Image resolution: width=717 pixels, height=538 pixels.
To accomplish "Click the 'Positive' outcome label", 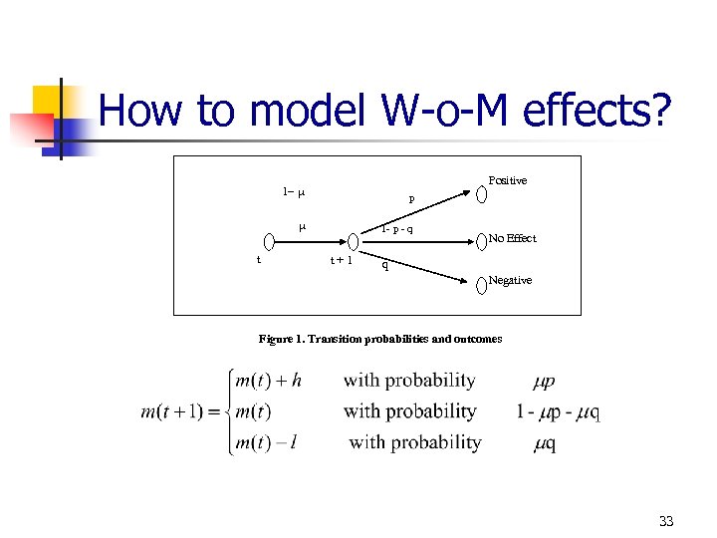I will pyautogui.click(x=508, y=180).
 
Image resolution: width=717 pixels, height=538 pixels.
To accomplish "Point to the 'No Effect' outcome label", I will pyautogui.click(x=512, y=238).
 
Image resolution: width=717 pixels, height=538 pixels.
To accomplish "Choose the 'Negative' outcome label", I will pyautogui.click(x=510, y=280).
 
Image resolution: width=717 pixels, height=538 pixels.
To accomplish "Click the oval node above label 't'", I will pyautogui.click(x=269, y=241).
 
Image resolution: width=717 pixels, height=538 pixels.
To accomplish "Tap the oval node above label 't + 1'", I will pyautogui.click(x=353, y=241).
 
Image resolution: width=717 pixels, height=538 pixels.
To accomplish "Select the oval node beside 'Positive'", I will pyautogui.click(x=481, y=192).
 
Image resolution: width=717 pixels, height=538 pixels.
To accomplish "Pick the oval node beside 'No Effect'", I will pyautogui.click(x=481, y=239).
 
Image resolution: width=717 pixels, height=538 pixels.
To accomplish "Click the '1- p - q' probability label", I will pyautogui.click(x=397, y=230).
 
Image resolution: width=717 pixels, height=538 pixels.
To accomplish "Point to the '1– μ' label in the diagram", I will pyautogui.click(x=293, y=191).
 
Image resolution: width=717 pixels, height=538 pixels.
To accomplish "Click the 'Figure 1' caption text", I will pyautogui.click(x=380, y=339).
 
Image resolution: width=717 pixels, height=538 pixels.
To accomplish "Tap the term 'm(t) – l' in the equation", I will pyautogui.click(x=265, y=442).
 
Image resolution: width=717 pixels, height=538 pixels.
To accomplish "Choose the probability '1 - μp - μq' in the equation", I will pyautogui.click(x=559, y=411).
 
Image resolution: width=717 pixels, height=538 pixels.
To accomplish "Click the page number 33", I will pyautogui.click(x=666, y=521).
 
